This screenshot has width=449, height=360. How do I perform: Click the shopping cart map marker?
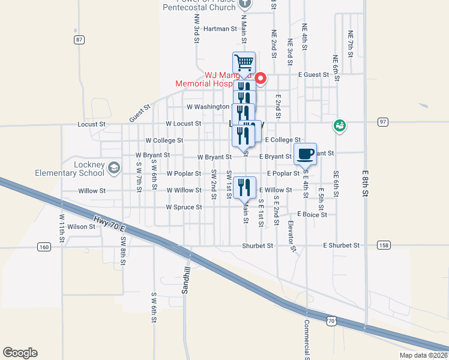(244, 62)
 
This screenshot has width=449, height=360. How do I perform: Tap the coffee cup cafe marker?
(305, 153)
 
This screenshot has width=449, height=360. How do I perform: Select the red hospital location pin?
(261, 79)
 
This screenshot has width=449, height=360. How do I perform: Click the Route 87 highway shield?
(79, 40)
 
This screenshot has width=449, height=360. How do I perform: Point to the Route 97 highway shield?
(383, 122)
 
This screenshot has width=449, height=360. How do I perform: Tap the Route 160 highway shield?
(44, 247)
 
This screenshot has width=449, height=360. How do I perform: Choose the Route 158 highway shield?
(384, 245)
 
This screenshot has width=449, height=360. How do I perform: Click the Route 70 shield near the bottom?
(331, 322)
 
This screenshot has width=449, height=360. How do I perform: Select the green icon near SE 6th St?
(340, 125)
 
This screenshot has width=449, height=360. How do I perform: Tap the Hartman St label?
(220, 29)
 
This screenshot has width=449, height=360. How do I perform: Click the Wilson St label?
(82, 227)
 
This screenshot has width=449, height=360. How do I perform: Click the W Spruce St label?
(184, 208)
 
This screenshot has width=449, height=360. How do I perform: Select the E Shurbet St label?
(341, 245)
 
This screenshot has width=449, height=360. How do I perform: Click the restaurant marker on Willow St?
(244, 188)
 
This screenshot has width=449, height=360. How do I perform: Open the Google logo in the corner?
(20, 353)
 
